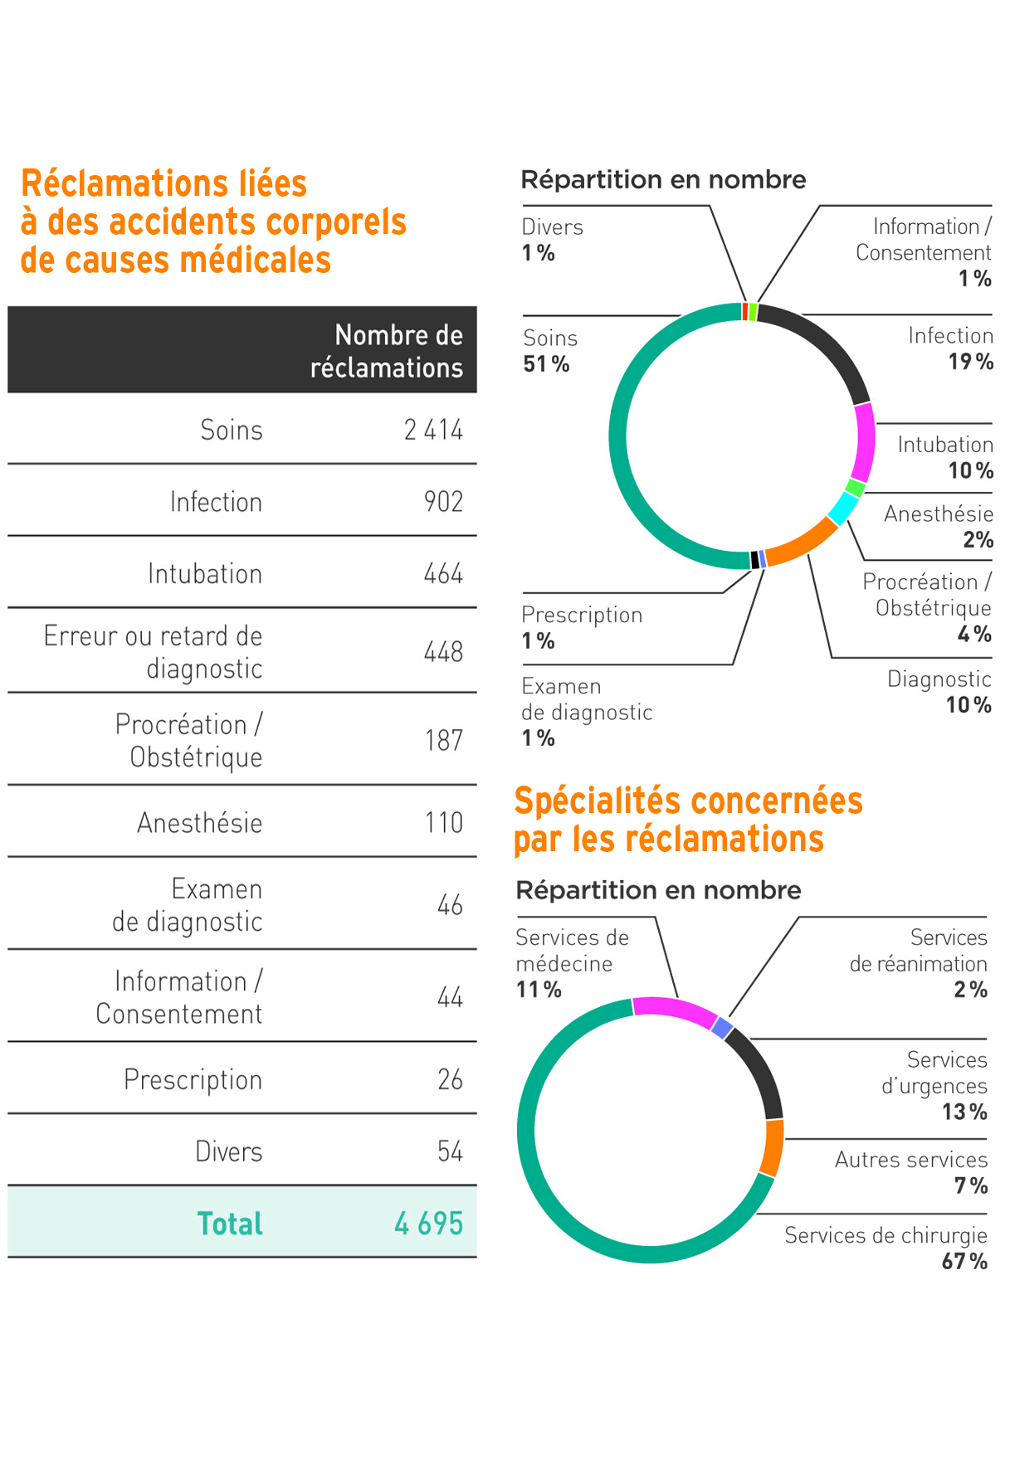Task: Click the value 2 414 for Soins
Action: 432,430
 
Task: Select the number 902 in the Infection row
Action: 443,502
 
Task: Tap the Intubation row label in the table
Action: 205,574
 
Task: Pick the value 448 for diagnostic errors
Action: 443,652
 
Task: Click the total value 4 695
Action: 428,1224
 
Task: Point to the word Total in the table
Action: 230,1224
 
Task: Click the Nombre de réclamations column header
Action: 387,351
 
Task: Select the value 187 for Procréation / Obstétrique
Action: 443,740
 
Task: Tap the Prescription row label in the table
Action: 193,1079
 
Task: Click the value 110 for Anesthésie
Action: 443,823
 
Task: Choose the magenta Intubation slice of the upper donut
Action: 865,442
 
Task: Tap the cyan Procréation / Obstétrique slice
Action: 843,508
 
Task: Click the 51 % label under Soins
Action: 546,364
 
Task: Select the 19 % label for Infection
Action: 970,362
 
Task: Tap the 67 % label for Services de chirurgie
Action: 964,1262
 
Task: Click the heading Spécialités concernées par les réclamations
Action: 688,820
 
